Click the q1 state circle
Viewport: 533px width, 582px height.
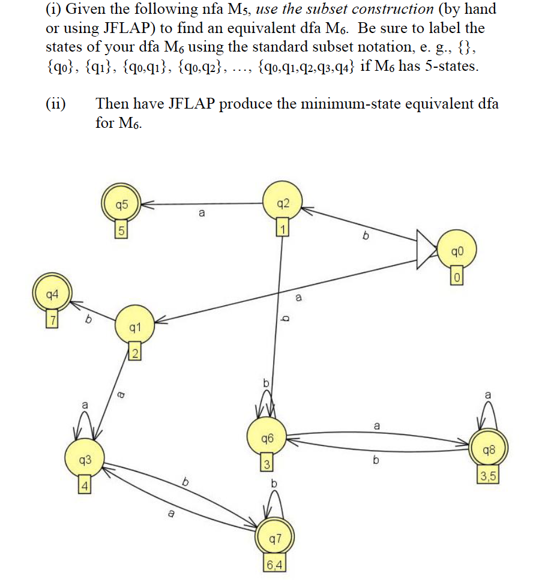click(134, 328)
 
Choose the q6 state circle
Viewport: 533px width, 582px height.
click(268, 439)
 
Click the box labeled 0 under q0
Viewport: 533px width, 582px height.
click(457, 277)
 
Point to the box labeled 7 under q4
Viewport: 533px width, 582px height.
click(52, 320)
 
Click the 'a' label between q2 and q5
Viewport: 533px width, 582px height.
click(201, 214)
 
